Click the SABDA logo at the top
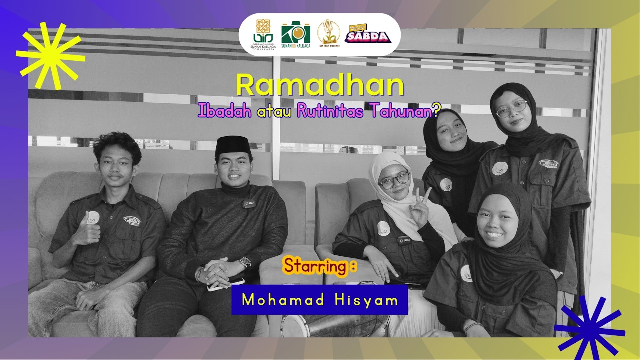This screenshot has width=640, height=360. coord(367,35)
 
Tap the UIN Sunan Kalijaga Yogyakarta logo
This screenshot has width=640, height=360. coord(264,35)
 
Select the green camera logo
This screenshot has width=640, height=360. coord(295,34)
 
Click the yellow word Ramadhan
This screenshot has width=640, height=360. coord(320,86)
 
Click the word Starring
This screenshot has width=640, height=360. coord(316,266)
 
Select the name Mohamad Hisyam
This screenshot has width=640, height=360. coord(320,300)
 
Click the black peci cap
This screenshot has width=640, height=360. coord(233,145)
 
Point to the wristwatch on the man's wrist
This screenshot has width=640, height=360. coord(245,262)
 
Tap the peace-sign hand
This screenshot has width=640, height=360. coord(420,209)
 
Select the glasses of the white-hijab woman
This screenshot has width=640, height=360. coord(394,180)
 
